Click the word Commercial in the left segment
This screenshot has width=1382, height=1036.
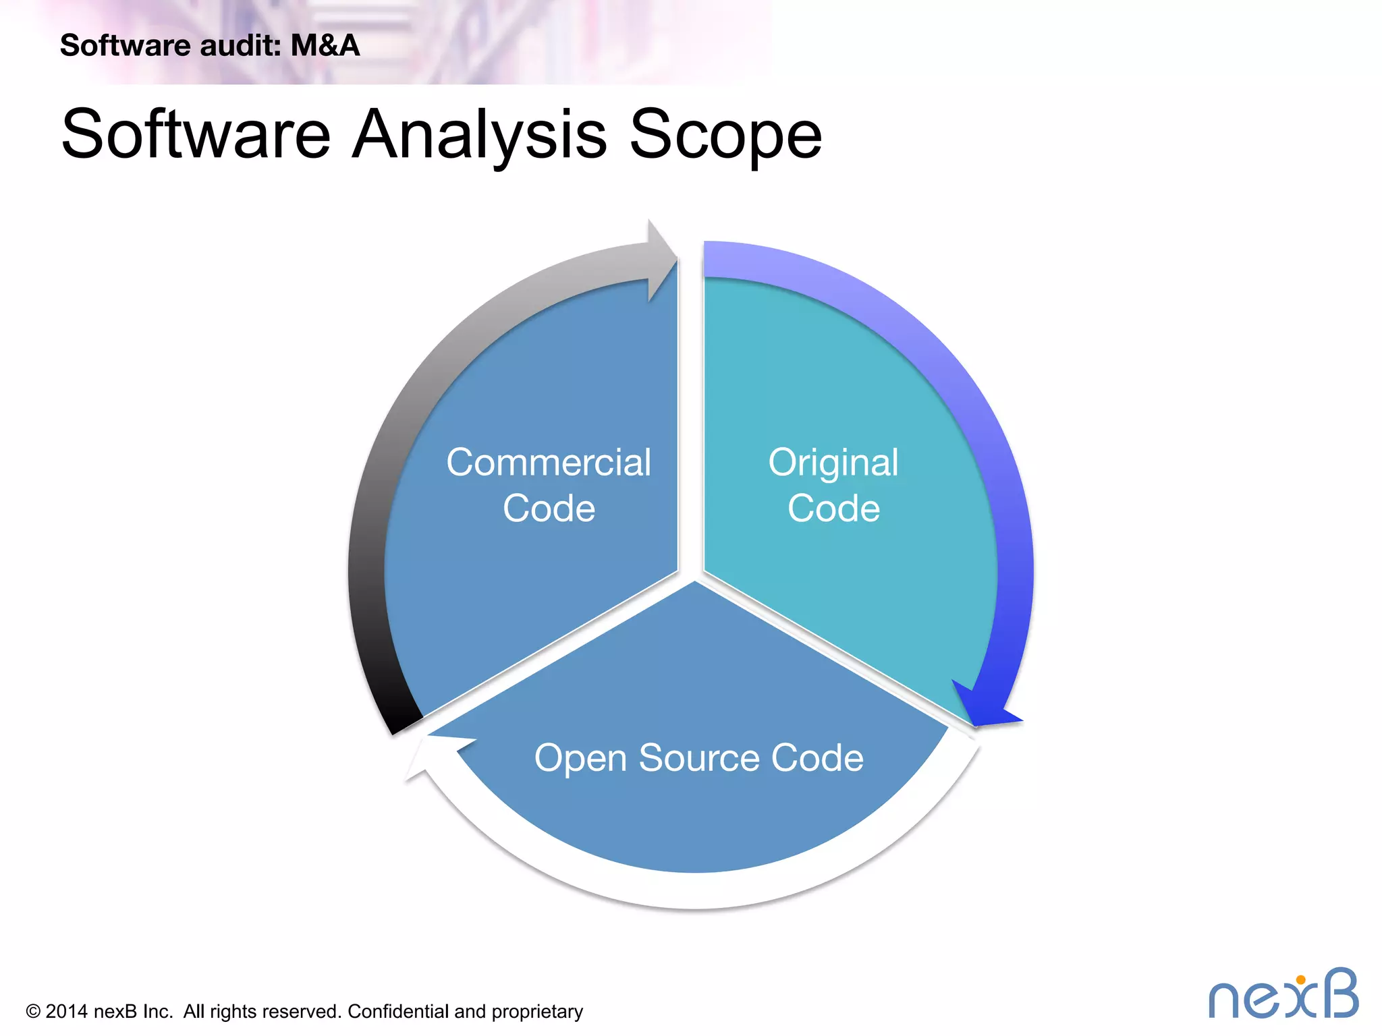click(x=549, y=463)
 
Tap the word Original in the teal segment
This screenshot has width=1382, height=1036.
click(x=833, y=463)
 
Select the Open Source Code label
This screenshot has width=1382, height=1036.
click(x=698, y=757)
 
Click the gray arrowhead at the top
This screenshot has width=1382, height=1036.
click(x=660, y=260)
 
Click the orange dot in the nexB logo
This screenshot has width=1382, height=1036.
click(x=1300, y=980)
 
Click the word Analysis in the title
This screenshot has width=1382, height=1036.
click(x=479, y=134)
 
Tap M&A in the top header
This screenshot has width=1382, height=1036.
click(x=325, y=45)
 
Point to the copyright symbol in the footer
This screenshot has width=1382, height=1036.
click(x=33, y=1012)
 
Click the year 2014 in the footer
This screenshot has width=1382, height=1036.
click(x=66, y=1012)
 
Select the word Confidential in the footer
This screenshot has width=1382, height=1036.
click(x=397, y=1012)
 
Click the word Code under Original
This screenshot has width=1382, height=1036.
click(x=833, y=508)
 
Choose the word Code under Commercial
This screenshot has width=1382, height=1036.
click(x=549, y=508)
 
